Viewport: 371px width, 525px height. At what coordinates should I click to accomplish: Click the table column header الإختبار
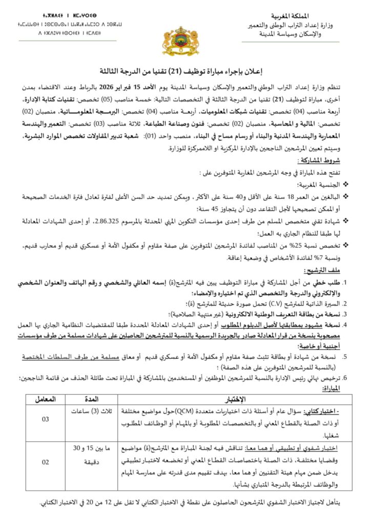235,398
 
